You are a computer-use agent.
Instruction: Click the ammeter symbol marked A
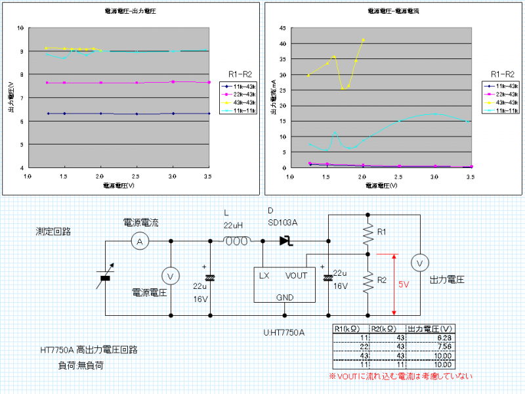point(139,242)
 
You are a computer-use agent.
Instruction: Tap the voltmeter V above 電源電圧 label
point(170,276)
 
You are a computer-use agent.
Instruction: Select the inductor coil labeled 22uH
point(236,241)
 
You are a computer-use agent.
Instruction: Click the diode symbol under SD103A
point(285,241)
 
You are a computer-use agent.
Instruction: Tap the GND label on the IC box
point(284,297)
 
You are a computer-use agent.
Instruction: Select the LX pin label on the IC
point(264,275)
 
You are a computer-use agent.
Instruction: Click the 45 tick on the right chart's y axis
point(282,28)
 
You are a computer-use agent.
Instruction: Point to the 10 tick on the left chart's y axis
point(21,28)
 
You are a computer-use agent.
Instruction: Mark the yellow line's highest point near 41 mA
point(363,40)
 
